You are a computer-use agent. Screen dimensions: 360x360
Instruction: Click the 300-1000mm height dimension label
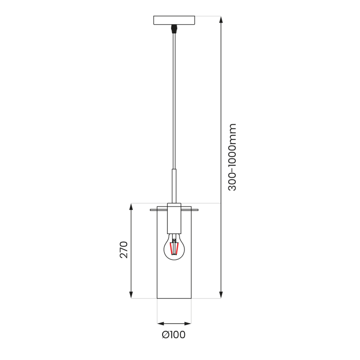tap(232, 157)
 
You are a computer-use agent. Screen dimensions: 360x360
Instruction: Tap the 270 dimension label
tap(124, 250)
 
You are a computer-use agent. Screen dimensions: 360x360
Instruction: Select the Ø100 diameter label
tap(174, 335)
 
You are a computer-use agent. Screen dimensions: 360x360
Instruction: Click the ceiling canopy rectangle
tap(174, 20)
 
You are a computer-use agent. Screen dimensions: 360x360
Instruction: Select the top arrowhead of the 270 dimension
tap(131, 207)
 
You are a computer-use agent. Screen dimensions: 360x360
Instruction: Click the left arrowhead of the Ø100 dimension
tap(160, 323)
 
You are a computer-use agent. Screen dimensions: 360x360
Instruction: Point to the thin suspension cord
tap(174, 99)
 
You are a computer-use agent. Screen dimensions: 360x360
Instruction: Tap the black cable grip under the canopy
tap(174, 30)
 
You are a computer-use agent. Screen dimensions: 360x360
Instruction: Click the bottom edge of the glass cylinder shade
tap(174, 298)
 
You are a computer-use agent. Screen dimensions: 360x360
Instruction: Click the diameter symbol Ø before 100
tap(165, 335)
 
